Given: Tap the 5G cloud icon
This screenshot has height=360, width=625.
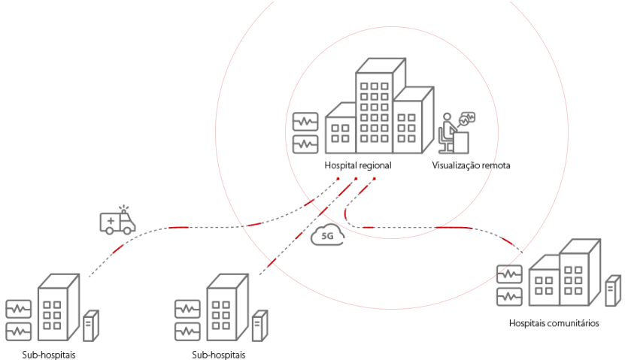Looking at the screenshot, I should [x=327, y=235].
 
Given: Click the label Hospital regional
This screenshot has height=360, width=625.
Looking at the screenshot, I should [x=358, y=165].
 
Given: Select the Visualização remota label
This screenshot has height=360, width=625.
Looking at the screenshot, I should [x=472, y=165].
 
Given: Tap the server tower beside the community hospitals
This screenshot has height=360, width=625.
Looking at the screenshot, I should [x=613, y=290].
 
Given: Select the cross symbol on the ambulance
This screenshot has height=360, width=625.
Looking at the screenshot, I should [x=112, y=222].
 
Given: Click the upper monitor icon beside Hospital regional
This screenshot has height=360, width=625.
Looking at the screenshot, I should [x=305, y=121].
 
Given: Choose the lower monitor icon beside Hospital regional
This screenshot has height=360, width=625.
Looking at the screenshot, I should [x=305, y=142].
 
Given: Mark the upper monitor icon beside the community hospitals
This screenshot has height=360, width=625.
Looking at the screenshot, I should [x=509, y=274].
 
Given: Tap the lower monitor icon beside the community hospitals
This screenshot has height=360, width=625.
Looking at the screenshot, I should [x=509, y=295].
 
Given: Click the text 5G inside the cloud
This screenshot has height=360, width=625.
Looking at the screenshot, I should [x=327, y=237].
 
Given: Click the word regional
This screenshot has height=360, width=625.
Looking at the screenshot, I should [x=375, y=165].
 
